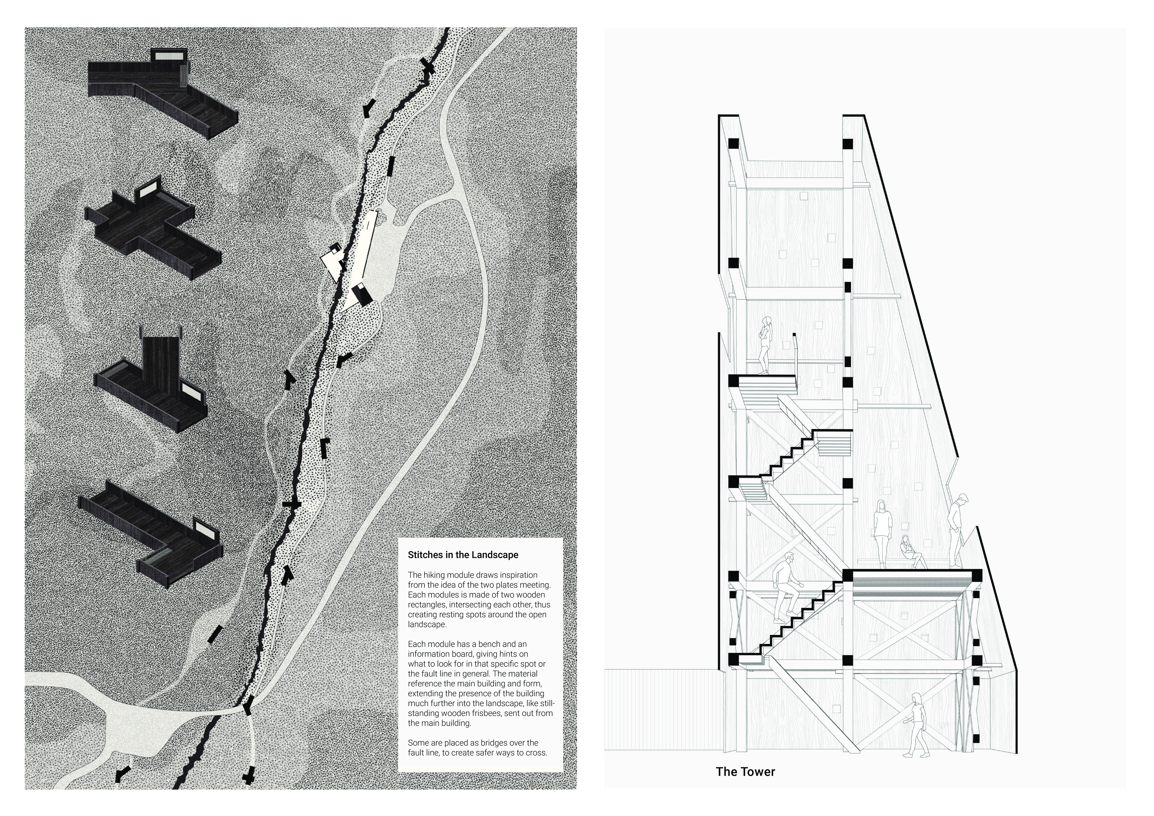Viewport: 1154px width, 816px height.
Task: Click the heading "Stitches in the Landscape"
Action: (463, 555)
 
